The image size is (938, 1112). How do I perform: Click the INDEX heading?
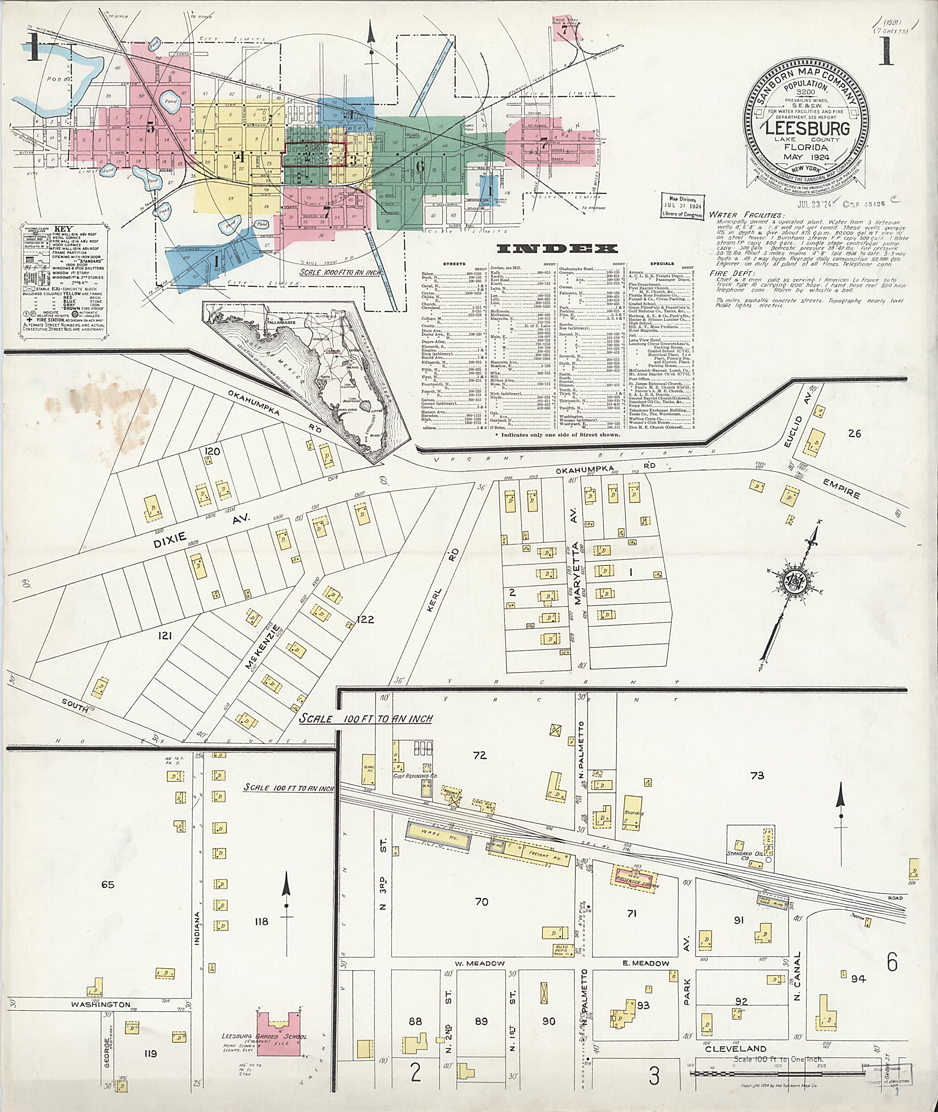[x=557, y=248]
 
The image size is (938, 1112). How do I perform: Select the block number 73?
[x=757, y=776]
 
